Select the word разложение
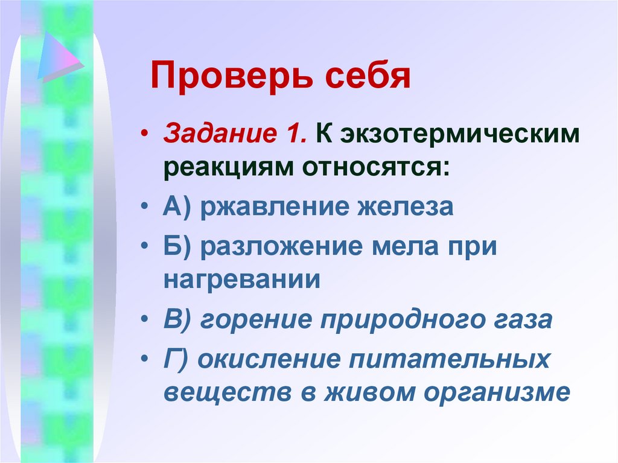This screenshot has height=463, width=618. click(x=279, y=246)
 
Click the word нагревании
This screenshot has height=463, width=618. click(x=241, y=281)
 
